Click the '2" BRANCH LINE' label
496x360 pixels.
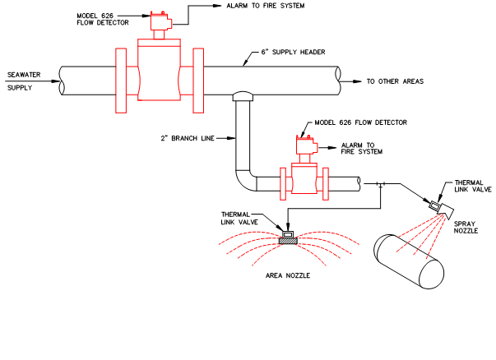188,138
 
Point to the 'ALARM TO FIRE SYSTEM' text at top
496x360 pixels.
249,5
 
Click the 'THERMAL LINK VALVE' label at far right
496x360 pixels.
473,185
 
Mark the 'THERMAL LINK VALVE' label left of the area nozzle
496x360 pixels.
239,216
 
